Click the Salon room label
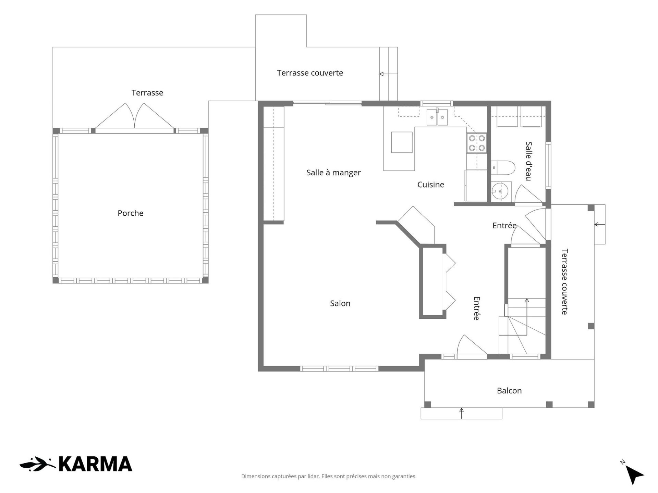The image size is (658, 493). pyautogui.click(x=340, y=303)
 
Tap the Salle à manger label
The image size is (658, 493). pyautogui.click(x=333, y=173)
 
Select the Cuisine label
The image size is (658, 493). pyautogui.click(x=431, y=185)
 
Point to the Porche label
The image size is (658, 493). pyautogui.click(x=131, y=213)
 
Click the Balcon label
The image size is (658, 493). pyautogui.click(x=509, y=391)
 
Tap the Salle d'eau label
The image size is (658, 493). pyautogui.click(x=529, y=161)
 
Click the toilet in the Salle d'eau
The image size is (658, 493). pyautogui.click(x=503, y=168)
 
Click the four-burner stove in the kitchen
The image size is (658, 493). pyautogui.click(x=477, y=143)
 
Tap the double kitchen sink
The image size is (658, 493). pyautogui.click(x=437, y=117)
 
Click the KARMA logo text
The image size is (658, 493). pyautogui.click(x=95, y=464)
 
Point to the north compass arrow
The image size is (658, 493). pyautogui.click(x=634, y=474)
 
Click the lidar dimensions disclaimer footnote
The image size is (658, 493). pyautogui.click(x=329, y=476)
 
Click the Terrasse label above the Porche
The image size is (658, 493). pyautogui.click(x=147, y=93)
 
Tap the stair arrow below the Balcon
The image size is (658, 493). pyautogui.click(x=462, y=413)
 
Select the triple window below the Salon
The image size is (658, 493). pyautogui.click(x=339, y=369)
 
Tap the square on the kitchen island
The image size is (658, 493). pyautogui.click(x=402, y=142)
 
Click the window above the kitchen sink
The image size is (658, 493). pyautogui.click(x=437, y=103)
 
